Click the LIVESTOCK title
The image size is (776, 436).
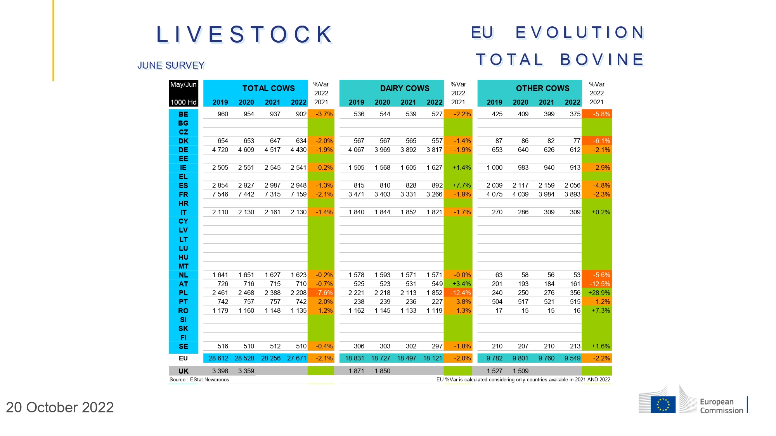click(x=245, y=34)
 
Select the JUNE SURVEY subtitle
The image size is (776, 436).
click(x=171, y=65)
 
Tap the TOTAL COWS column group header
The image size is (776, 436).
click(x=268, y=88)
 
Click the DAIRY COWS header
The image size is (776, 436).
click(x=405, y=88)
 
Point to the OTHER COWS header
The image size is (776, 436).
click(x=542, y=88)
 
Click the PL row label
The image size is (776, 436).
click(x=183, y=293)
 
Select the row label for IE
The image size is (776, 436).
click(x=183, y=168)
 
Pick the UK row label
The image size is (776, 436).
click(x=183, y=371)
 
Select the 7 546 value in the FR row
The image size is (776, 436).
click(x=220, y=194)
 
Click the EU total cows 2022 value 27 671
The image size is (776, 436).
click(x=297, y=358)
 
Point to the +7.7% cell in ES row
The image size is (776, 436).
click(x=461, y=185)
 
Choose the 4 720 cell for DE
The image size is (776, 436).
click(x=220, y=150)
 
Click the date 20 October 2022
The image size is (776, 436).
click(x=60, y=407)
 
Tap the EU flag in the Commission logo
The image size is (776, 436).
click(x=663, y=404)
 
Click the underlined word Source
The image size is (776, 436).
click(x=177, y=380)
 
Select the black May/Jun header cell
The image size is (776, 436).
click(x=183, y=93)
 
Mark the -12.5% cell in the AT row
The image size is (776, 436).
click(x=599, y=284)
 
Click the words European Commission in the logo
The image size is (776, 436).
click(x=721, y=406)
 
